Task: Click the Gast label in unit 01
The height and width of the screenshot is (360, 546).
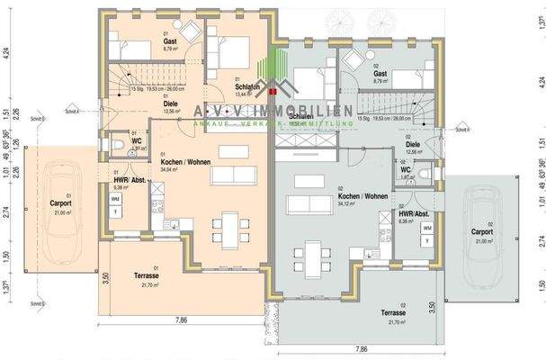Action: click(169, 41)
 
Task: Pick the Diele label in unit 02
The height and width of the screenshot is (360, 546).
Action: click(412, 143)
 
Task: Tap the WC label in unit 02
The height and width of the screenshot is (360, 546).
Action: click(406, 169)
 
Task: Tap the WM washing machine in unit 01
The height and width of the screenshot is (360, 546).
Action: click(115, 196)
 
